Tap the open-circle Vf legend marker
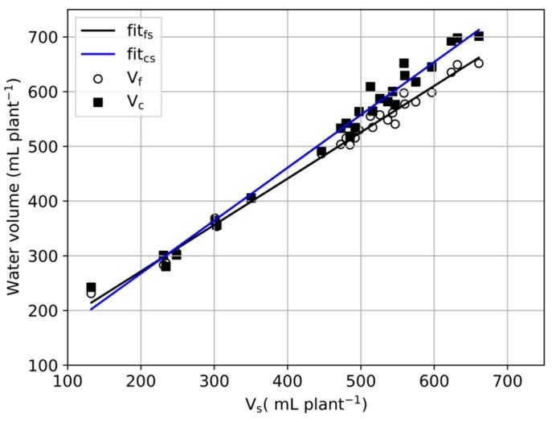pos(98,78)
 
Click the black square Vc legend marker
pos(98,101)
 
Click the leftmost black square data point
pos(91,287)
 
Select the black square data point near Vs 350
pos(251,197)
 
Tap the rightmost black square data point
pos(479,36)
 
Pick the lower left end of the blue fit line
pos(91,309)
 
